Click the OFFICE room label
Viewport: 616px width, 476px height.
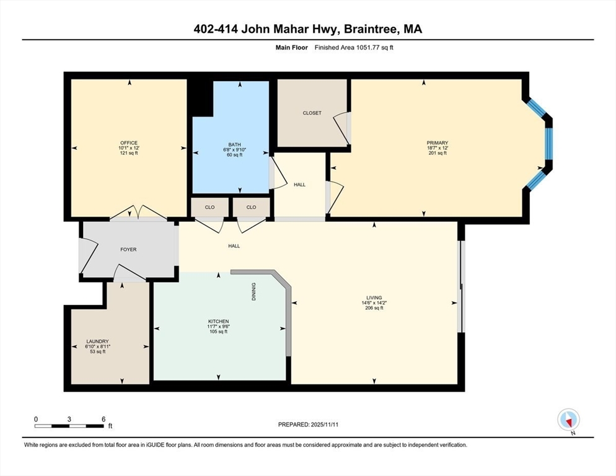pos(129,143)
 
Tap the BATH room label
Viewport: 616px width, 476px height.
pos(234,144)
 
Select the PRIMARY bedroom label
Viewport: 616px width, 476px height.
pos(438,143)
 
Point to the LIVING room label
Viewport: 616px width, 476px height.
pos(374,298)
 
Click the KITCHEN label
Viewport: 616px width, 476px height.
pos(218,322)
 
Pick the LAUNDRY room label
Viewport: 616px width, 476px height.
pos(97,342)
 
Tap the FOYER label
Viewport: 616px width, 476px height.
pos(128,250)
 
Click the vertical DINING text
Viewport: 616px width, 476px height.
pos(254,292)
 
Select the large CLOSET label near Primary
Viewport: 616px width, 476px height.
pos(312,113)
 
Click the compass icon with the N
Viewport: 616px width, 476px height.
pos(568,420)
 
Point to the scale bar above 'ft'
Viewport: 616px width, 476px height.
pos(69,426)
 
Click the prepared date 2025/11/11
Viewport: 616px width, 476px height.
pos(325,425)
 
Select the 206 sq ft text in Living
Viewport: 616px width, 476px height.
pos(374,308)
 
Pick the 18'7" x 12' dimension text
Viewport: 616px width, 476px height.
pos(438,148)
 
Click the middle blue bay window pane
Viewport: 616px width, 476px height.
pos(549,144)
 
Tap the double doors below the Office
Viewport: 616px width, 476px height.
pos(138,212)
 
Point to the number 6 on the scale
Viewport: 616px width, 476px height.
pos(103,419)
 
